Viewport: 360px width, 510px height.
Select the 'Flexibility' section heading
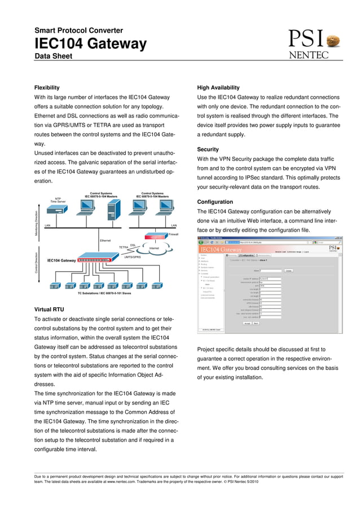[x=47, y=88]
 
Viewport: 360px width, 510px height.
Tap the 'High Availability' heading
[x=218, y=88]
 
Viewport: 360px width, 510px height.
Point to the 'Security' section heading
[x=208, y=149]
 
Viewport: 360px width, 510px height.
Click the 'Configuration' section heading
[x=215, y=202]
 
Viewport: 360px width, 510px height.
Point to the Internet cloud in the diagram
[x=153, y=249]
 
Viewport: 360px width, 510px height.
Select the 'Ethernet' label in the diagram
[x=105, y=241]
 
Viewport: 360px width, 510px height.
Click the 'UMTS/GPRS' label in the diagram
[x=132, y=257]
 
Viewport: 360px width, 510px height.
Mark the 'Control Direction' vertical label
[x=37, y=263]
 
